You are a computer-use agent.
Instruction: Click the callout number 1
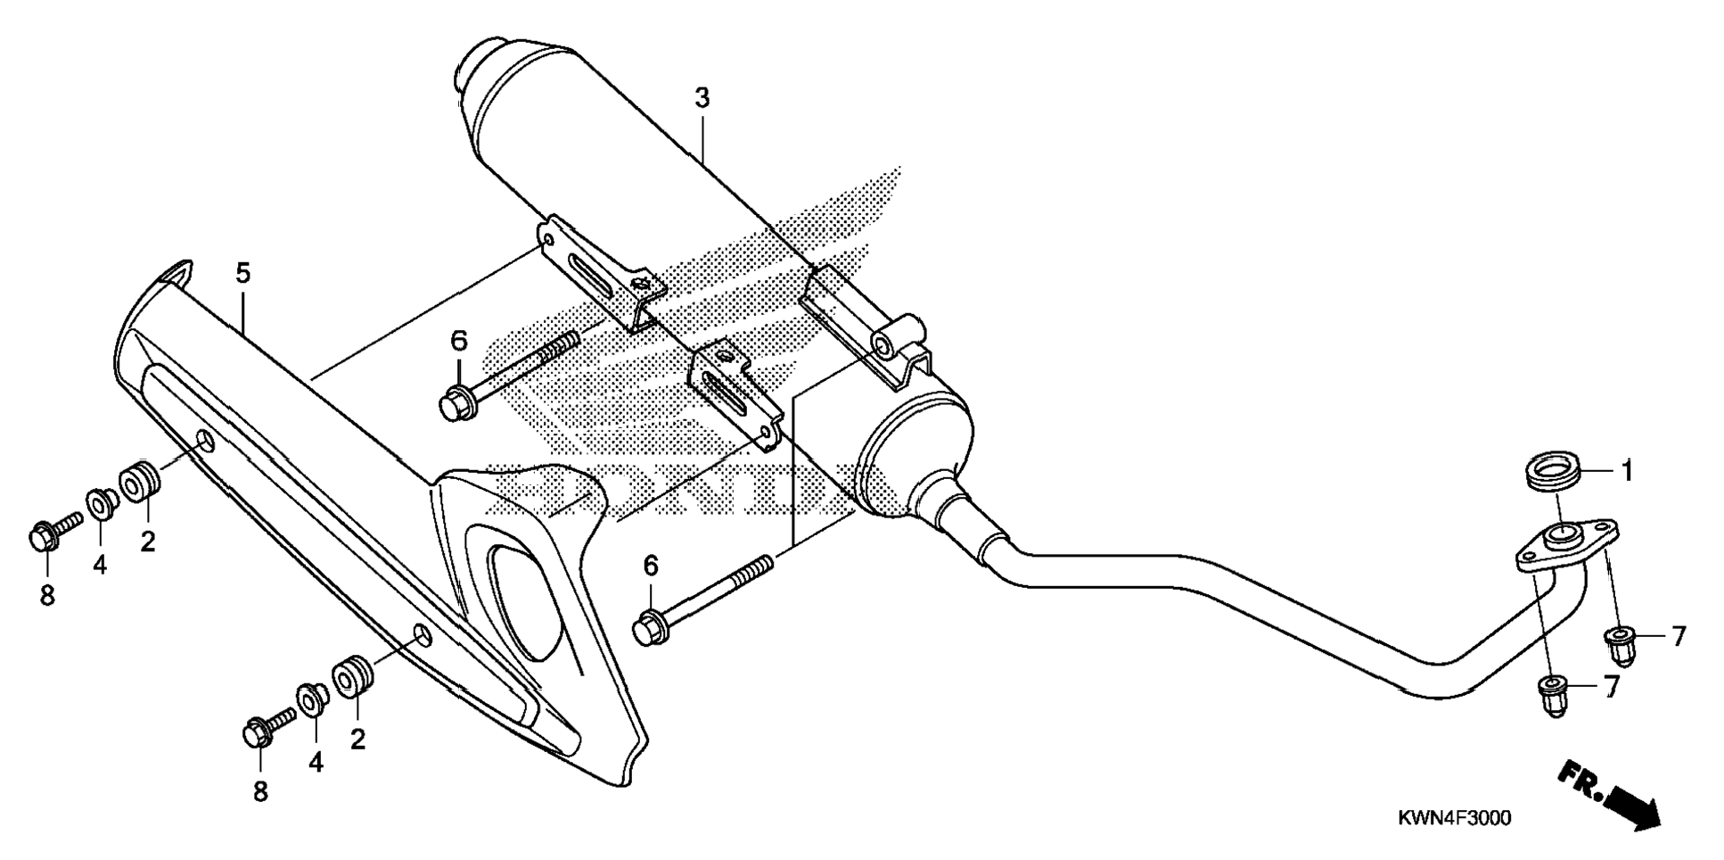click(x=1626, y=471)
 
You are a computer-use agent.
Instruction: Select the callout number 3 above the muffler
click(x=702, y=98)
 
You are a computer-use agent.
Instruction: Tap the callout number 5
click(x=243, y=274)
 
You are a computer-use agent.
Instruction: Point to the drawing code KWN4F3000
click(x=1452, y=818)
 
